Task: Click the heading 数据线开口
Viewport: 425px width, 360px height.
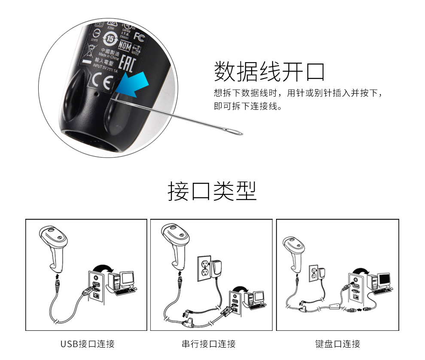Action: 269,71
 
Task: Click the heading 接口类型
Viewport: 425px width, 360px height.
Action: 212,191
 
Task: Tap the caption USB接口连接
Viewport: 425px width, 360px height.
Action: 88,344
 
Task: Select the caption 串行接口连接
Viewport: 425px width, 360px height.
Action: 209,344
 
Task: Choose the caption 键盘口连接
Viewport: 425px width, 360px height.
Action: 337,344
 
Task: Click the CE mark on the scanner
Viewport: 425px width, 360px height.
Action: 102,81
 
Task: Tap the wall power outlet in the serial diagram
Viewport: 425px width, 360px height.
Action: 204,269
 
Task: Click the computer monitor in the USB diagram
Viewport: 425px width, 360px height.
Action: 127,279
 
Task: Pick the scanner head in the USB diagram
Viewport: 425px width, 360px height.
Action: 52,234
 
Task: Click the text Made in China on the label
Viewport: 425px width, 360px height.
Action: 108,56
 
